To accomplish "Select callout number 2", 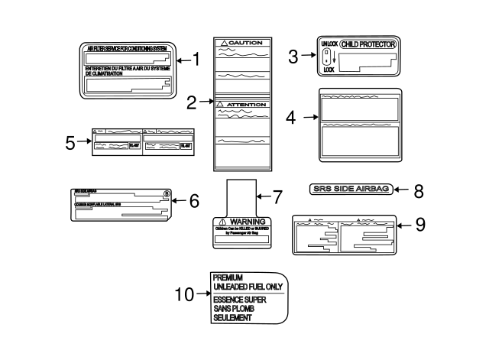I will point(191,99).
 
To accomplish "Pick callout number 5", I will point(70,142).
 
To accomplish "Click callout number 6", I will point(193,201).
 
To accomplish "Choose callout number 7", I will point(277,196).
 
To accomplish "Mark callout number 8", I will point(418,190).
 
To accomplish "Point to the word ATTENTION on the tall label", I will point(245,104).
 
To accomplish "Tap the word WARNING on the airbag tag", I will point(247,220).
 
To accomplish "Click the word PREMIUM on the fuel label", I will point(228,277).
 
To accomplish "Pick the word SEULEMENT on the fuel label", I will point(233,317).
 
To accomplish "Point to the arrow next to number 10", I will point(202,293).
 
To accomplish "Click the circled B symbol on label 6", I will point(166,194).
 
